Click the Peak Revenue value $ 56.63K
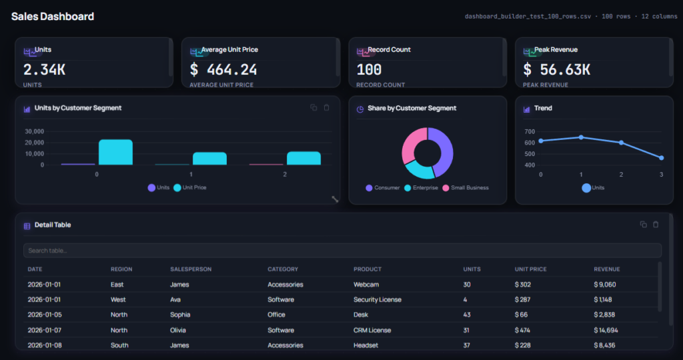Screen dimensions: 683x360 [557, 69]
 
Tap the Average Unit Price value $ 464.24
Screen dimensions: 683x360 [223, 69]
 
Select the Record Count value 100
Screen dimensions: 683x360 [369, 69]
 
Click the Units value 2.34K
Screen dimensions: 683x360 [45, 69]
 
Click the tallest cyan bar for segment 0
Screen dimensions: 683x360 [115, 153]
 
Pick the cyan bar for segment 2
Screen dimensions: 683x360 [303, 159]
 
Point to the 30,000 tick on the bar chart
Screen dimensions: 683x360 [35, 131]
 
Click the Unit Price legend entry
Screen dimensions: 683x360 [190, 187]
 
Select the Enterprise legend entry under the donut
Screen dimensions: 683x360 [422, 187]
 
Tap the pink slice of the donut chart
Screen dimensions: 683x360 [411, 143]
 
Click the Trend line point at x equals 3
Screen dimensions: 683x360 [661, 157]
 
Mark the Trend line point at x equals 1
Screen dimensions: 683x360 [581, 137]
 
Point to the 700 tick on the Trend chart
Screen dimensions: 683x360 [530, 131]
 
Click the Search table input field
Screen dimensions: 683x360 [342, 250]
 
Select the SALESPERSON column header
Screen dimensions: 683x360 [191, 269]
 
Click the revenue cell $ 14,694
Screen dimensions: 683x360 [606, 330]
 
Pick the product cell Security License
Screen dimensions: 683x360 [378, 299]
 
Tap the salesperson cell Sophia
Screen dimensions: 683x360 [180, 315]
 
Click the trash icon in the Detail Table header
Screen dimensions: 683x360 [656, 225]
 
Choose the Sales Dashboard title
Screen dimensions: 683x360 [53, 17]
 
